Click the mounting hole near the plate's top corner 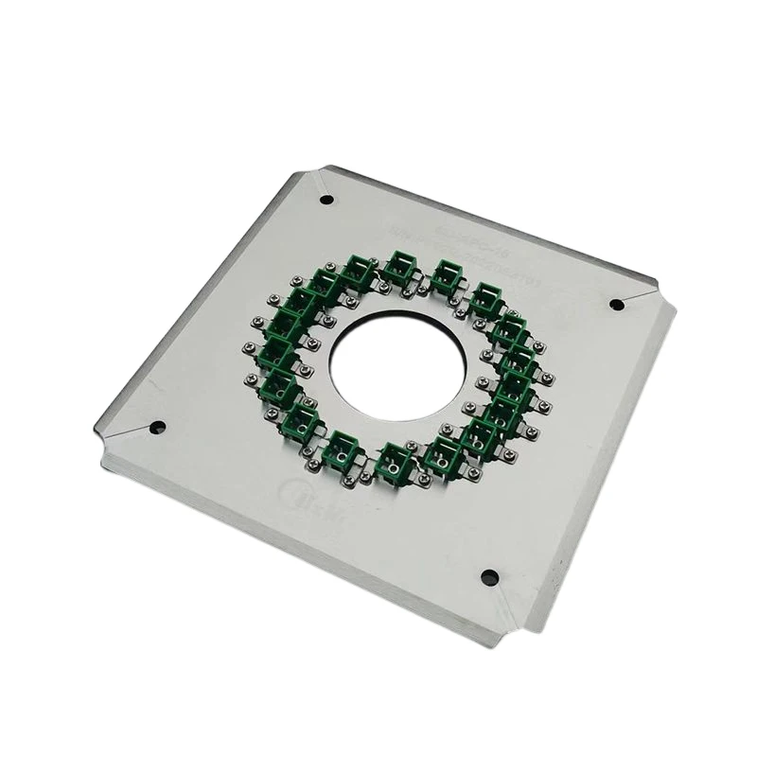coord(326,200)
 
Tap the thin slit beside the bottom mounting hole coord(511,596)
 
